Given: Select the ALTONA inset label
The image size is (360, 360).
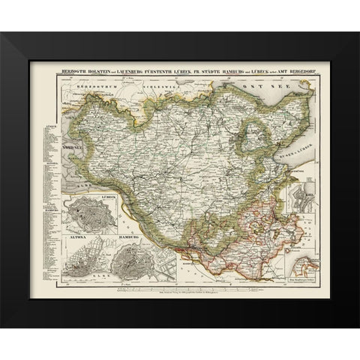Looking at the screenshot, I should pyautogui.click(x=78, y=238).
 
